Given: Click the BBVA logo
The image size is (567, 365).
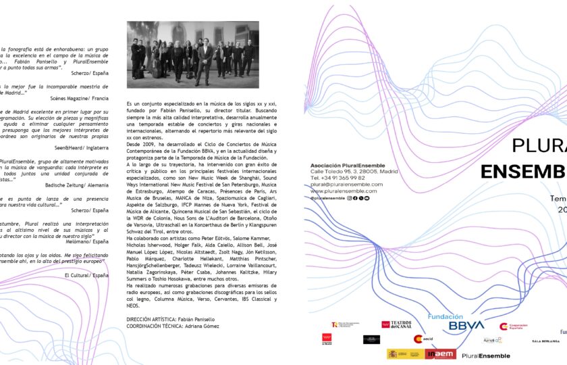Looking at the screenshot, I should [466, 325].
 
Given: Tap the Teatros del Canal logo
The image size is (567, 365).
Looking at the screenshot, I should [396, 325].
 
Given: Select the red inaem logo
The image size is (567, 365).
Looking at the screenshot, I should [441, 354].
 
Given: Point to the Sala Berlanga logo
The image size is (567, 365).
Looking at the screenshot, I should [545, 341].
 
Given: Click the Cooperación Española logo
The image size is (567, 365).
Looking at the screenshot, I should [513, 326].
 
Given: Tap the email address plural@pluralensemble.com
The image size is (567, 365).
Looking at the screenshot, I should [346, 185].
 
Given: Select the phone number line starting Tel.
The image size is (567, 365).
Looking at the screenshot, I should [339, 178].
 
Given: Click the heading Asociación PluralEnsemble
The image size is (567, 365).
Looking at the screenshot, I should [348, 165].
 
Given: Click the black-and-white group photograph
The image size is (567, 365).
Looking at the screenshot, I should [192, 55].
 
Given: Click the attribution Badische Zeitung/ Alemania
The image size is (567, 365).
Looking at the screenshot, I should [74, 184].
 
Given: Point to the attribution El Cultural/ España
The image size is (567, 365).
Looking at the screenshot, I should [86, 275].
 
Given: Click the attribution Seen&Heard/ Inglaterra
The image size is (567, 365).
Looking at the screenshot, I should [77, 147].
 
